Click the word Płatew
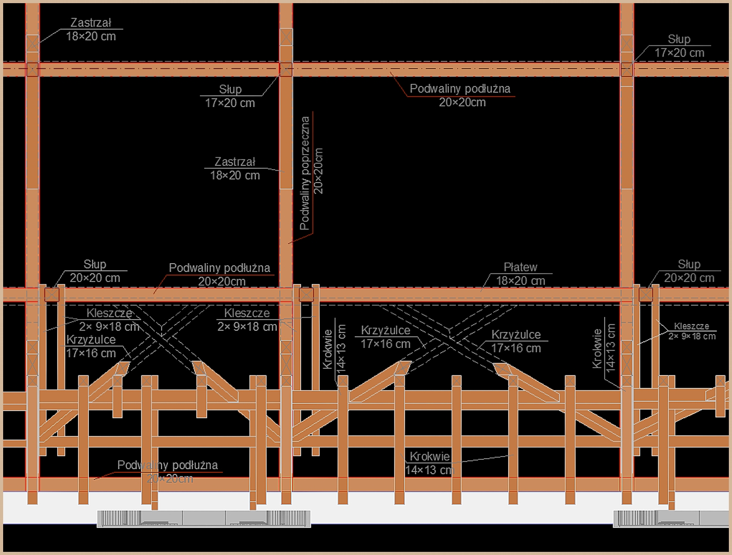click(x=520, y=267)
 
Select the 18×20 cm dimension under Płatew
click(x=520, y=281)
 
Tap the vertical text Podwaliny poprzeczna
click(x=305, y=173)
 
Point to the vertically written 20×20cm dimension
click(x=319, y=171)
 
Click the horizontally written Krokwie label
click(x=430, y=457)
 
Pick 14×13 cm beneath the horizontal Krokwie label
click(x=428, y=470)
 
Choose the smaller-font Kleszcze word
click(x=691, y=326)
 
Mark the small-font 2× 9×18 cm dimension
click(x=692, y=336)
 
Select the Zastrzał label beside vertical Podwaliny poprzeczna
click(x=235, y=162)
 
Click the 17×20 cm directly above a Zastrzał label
click(x=230, y=103)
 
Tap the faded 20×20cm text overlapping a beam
click(x=170, y=479)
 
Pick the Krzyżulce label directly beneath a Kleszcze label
click(x=91, y=340)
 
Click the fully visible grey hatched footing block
click(x=204, y=518)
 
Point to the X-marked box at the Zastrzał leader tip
click(x=32, y=42)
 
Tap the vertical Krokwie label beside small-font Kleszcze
click(x=597, y=348)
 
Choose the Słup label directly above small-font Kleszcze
click(x=689, y=265)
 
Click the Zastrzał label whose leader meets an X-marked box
click(x=91, y=23)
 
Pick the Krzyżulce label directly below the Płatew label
click(x=516, y=335)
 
